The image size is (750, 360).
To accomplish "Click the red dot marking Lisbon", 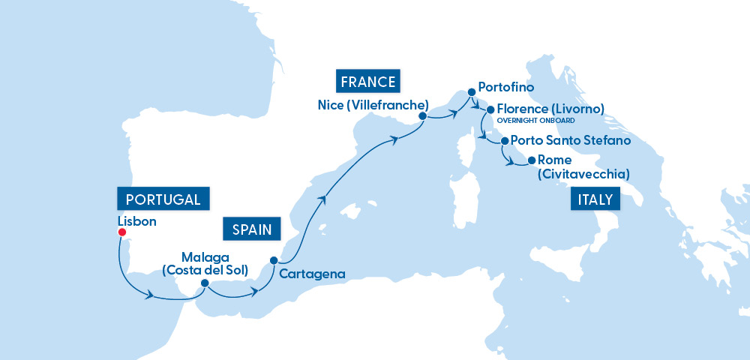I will pos(121,232).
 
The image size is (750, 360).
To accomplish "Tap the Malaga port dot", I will pos(204,283).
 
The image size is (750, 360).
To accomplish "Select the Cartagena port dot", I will pos(274,260).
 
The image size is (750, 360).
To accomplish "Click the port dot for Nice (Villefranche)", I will pos(422,116).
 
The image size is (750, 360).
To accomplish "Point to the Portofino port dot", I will pos(472,93).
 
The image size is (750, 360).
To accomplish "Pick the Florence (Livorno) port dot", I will pos(490,109).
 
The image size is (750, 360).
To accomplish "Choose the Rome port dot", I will pos(532,160).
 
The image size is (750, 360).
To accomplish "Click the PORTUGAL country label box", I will pos(163,199).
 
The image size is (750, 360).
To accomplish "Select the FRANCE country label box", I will pos(367,81).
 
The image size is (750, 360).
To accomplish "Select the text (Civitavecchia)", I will pos(583,175).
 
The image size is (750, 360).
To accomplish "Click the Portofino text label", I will pos(505,88).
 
